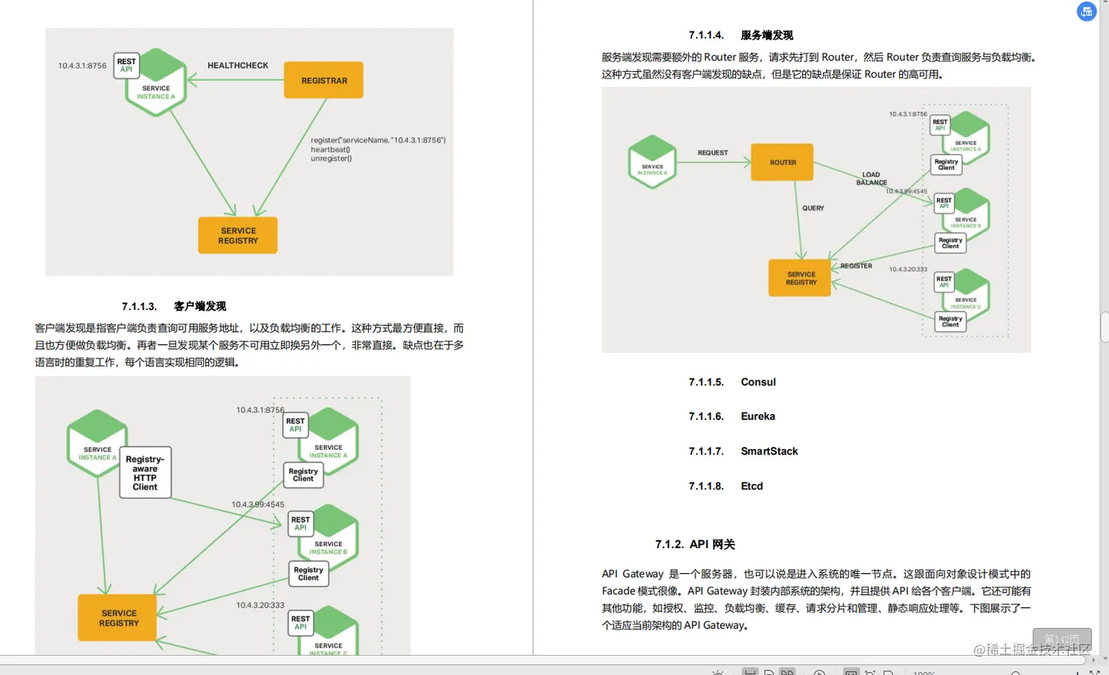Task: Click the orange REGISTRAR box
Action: (x=323, y=81)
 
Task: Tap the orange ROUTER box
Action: (x=783, y=163)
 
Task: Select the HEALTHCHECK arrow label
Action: (x=238, y=65)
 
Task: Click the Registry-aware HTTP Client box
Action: (x=145, y=473)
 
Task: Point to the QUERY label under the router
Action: (x=813, y=208)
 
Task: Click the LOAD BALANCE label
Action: (x=871, y=179)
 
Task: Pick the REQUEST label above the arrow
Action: (x=712, y=153)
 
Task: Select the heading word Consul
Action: (x=758, y=382)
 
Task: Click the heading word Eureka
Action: (x=758, y=416)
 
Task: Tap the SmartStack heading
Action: (x=769, y=451)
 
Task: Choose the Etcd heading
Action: (x=752, y=486)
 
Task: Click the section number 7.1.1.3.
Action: (x=139, y=306)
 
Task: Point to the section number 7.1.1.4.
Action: (x=706, y=35)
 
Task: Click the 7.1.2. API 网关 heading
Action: (x=695, y=544)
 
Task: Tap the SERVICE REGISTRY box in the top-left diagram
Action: (x=238, y=235)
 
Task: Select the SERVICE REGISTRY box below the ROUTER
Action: (x=800, y=278)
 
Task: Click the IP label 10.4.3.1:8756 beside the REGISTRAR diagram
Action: (x=82, y=66)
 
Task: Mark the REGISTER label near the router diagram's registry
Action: (x=856, y=266)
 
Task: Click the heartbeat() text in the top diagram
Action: (x=330, y=150)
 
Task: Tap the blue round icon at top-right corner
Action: (x=1086, y=12)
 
